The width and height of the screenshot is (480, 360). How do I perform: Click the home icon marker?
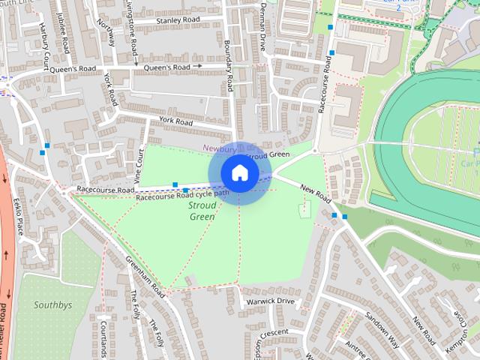pos(238,172)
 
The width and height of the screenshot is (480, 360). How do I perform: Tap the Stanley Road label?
pos(176,20)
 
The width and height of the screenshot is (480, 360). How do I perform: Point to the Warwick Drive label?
pos(271,301)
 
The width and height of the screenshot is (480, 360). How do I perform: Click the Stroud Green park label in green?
pos(202,210)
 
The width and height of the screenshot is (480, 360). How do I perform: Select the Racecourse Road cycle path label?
pos(182,196)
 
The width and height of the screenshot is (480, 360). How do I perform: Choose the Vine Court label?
pos(139,165)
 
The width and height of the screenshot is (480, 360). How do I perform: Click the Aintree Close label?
pos(359,344)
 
